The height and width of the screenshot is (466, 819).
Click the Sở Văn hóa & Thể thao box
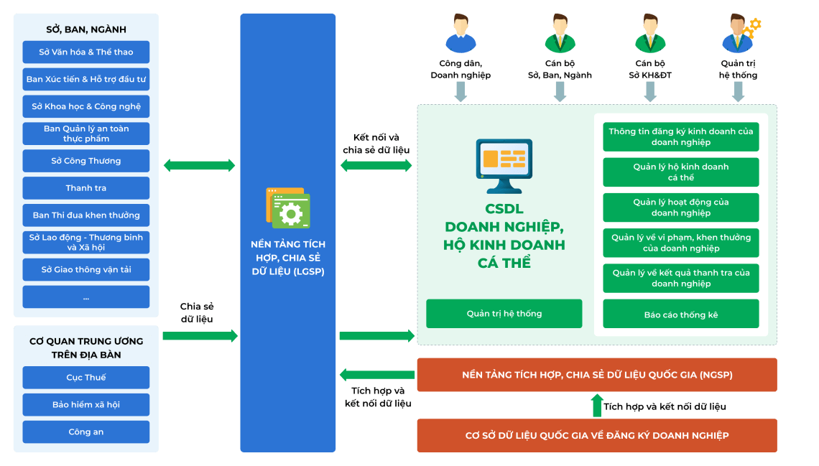[86, 52]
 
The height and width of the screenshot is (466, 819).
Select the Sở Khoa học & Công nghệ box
[86, 106]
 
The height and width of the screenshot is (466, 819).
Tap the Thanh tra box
[86, 188]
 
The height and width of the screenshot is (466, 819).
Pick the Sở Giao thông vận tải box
[86, 270]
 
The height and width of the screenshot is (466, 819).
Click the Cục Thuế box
[86, 378]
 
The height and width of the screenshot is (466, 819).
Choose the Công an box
[86, 432]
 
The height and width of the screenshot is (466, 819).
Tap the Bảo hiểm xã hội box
[86, 405]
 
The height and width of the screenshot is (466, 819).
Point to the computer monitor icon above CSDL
[504, 165]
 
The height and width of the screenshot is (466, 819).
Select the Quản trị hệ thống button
[504, 314]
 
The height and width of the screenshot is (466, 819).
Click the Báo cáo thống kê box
[680, 314]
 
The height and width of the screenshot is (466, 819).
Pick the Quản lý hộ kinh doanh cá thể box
[680, 172]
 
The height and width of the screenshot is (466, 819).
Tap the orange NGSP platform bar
[596, 375]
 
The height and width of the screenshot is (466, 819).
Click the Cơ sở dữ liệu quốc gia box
[596, 436]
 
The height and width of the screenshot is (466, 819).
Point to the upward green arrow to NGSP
[596, 406]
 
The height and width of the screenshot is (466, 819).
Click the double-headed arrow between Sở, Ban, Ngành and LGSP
[199, 166]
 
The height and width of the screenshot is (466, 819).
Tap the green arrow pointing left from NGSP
[376, 375]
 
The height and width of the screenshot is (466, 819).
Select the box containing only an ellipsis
[86, 297]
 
